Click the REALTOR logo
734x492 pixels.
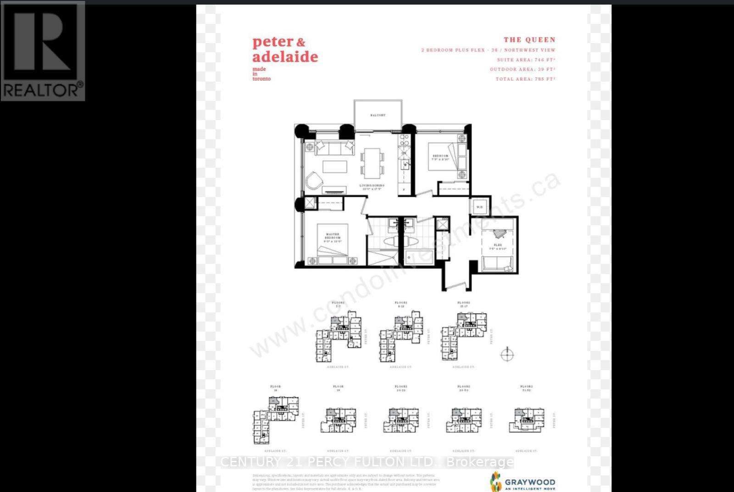click(x=43, y=50)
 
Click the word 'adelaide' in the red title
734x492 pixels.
click(x=285, y=57)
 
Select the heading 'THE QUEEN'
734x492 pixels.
click(x=529, y=40)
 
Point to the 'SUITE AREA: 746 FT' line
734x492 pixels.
click(x=526, y=60)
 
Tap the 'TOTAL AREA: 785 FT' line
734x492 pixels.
click(x=525, y=79)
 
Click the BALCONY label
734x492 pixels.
click(x=378, y=115)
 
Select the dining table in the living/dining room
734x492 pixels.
click(x=373, y=162)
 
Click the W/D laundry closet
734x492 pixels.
click(x=479, y=207)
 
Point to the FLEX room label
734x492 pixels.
click(x=498, y=247)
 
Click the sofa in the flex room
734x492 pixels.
click(x=497, y=264)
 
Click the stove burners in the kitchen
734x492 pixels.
click(x=404, y=139)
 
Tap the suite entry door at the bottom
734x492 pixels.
click(x=456, y=287)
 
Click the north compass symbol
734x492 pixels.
click(x=507, y=354)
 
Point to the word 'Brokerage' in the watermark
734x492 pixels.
click(x=480, y=462)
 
